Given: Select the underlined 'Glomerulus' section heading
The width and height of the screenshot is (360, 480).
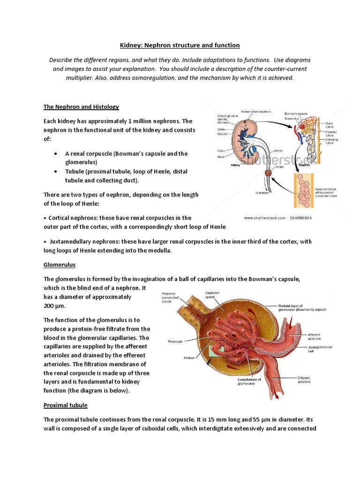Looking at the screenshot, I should coord(60,265).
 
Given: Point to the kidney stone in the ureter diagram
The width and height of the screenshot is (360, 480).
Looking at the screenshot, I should coord(269,174).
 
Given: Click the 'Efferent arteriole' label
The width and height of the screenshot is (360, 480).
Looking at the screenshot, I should coord(308,380).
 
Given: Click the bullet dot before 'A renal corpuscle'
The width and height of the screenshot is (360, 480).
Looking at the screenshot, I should coord(56,153).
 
